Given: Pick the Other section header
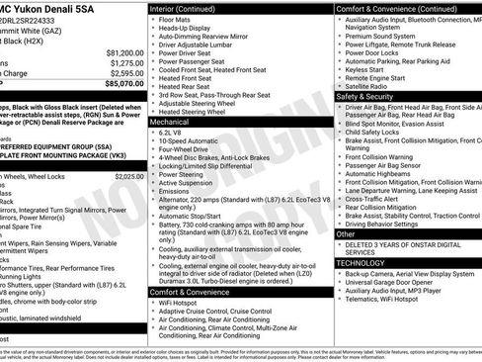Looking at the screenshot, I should point(346,234).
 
